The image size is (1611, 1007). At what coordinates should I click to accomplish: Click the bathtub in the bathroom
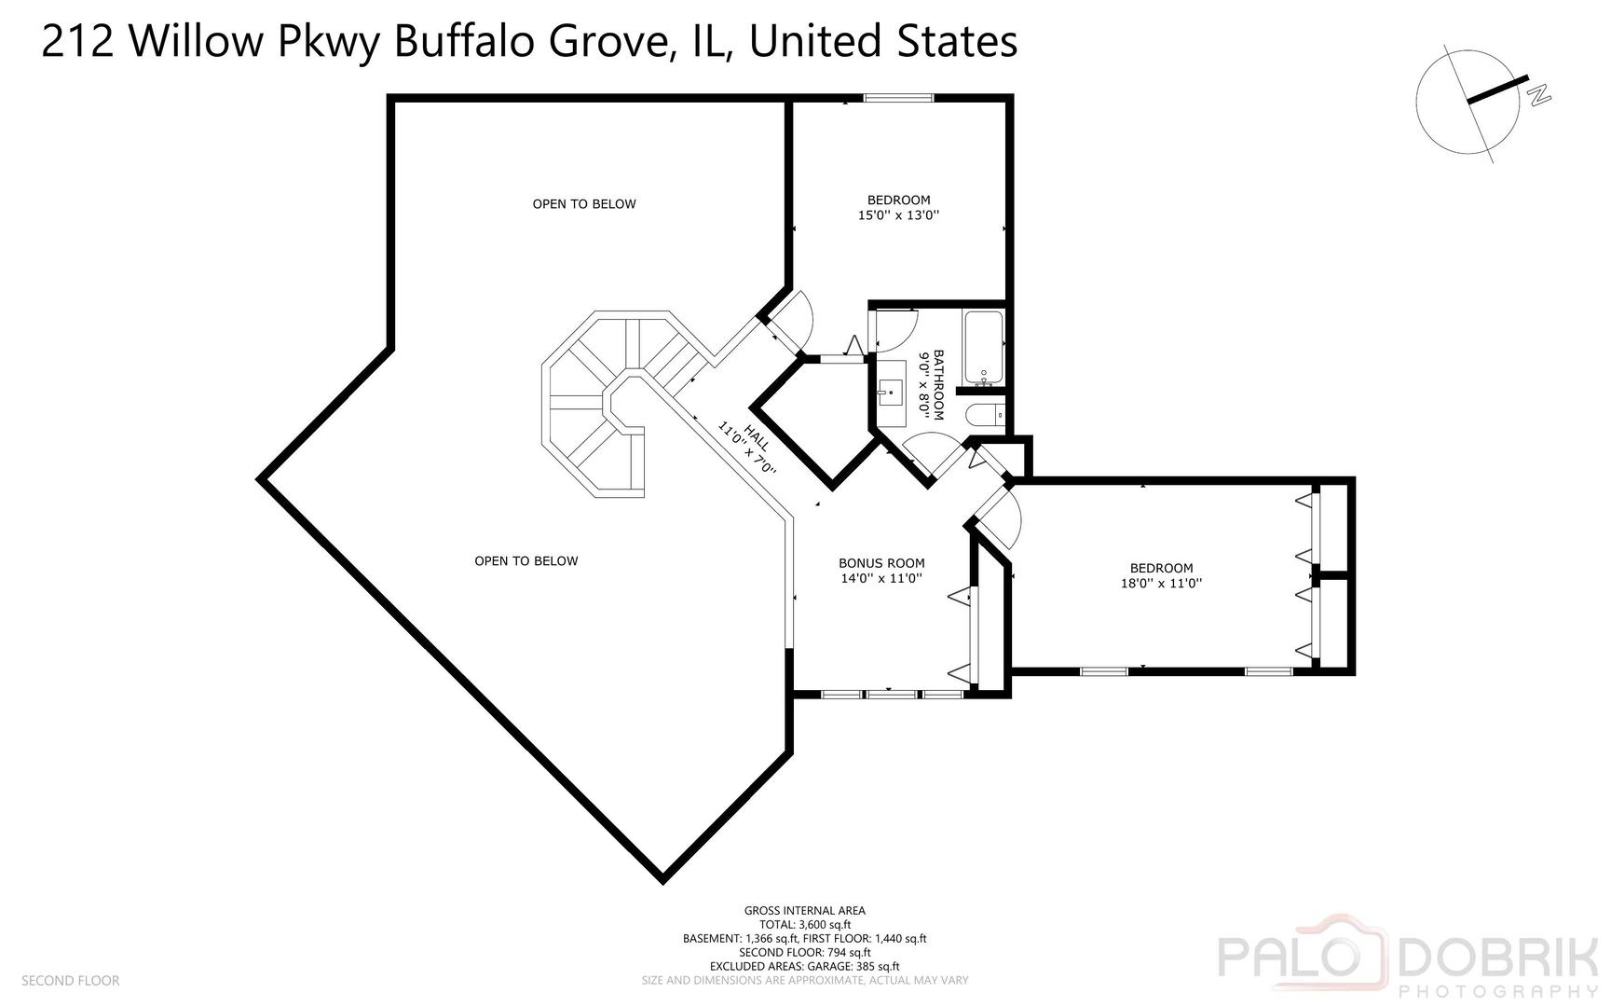point(984,348)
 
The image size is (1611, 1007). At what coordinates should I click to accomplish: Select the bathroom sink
point(891,393)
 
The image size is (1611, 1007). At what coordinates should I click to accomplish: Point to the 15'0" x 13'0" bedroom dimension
point(898,215)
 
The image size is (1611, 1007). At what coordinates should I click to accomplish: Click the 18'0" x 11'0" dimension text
point(1161,584)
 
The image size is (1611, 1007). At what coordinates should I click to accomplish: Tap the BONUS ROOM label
point(881,563)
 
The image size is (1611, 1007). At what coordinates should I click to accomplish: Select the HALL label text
point(757,440)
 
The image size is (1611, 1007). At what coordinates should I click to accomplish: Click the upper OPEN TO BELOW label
point(584,204)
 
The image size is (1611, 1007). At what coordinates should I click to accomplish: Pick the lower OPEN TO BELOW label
point(526,561)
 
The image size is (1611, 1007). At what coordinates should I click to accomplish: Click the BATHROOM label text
point(938,384)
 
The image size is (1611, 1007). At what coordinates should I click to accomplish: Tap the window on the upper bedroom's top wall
point(898,98)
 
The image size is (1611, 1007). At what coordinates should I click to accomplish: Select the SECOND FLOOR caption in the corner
point(71,981)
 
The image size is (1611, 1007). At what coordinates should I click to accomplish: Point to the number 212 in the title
point(77,42)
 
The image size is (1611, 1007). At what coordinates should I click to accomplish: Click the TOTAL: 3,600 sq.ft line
point(805,925)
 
